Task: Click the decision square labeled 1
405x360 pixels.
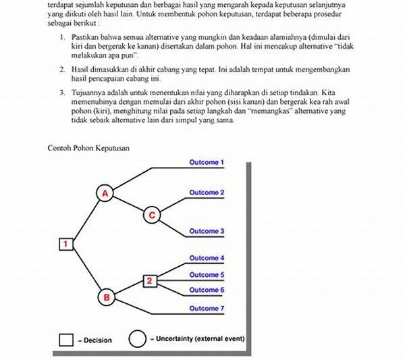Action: [x=65, y=244]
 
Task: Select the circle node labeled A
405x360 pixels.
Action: [x=105, y=192]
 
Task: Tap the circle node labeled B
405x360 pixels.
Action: [x=105, y=297]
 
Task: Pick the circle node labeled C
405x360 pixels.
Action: [x=151, y=215]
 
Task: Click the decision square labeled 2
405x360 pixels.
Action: [x=151, y=280]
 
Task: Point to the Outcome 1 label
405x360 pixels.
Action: [x=207, y=163]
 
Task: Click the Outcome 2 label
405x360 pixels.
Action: [x=207, y=192]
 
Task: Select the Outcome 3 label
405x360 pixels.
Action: [x=207, y=231]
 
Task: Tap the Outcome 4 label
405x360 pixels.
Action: [x=207, y=258]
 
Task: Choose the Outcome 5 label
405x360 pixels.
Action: [x=207, y=274]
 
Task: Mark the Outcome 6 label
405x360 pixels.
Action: [x=207, y=289]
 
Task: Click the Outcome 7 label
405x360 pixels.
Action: [x=207, y=308]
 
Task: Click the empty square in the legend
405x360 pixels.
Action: [x=65, y=339]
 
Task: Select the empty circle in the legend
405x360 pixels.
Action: [x=137, y=339]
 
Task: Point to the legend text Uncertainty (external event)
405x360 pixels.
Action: [x=197, y=338]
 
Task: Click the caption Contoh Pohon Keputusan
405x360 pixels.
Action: [x=88, y=147]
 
